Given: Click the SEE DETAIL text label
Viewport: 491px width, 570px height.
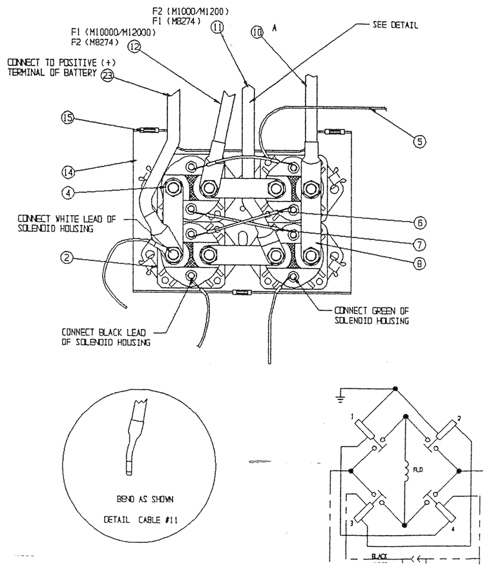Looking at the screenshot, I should point(395,25).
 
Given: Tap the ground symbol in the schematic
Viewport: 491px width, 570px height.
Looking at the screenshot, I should point(339,398).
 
